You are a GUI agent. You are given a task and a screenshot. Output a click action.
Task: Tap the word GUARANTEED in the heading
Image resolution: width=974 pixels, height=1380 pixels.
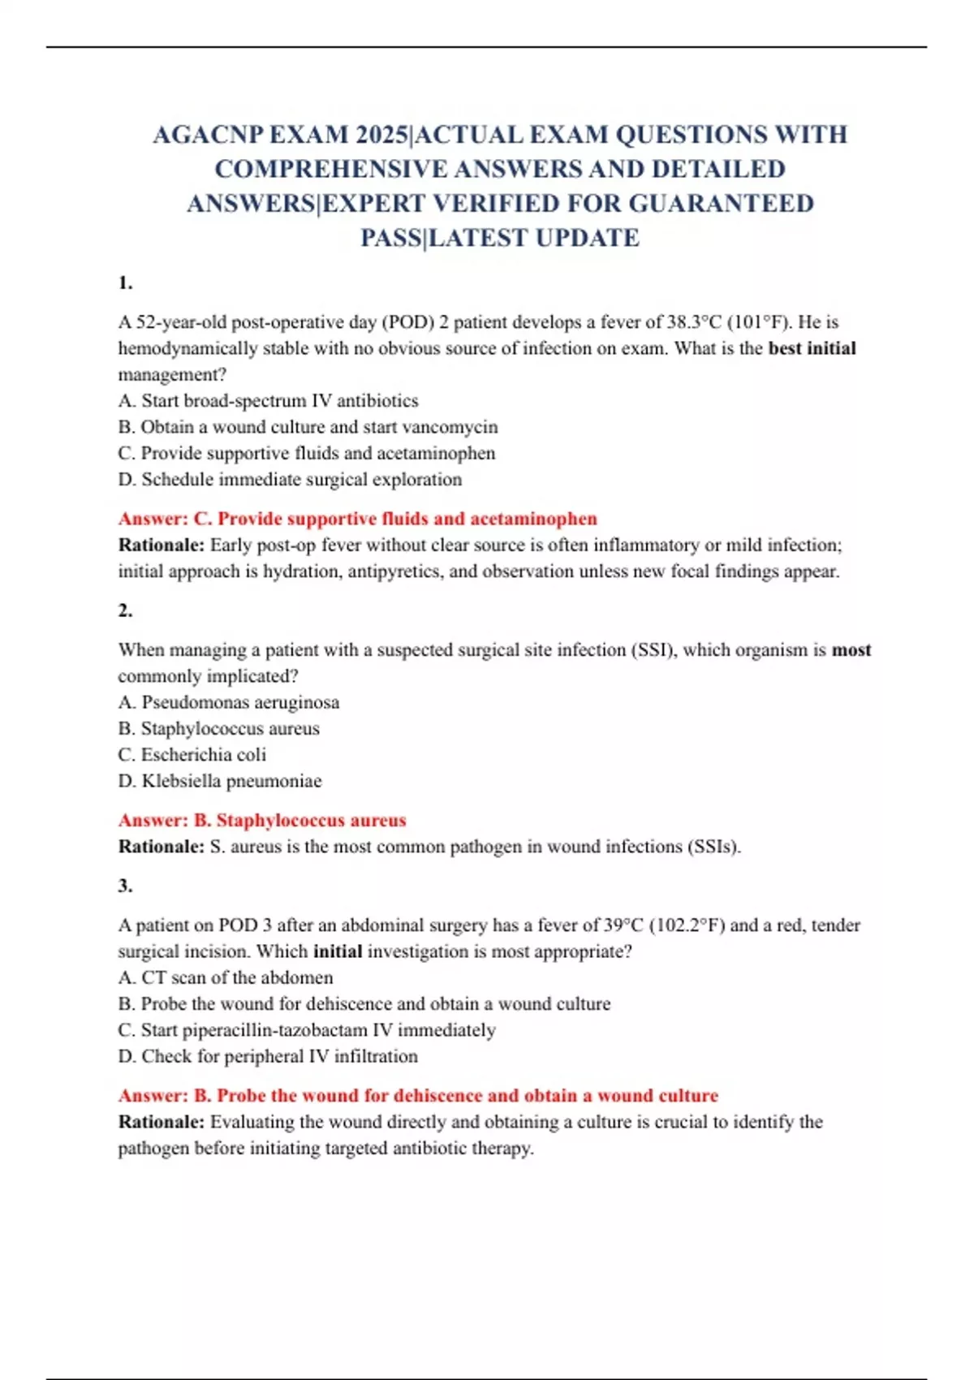[722, 203]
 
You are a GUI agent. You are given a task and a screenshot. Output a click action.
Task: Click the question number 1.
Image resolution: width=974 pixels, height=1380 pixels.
[125, 283]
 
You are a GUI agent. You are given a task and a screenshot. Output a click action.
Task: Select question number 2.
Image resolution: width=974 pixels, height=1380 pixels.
[125, 610]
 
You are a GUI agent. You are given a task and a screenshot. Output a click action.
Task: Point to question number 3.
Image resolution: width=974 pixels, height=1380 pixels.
[125, 886]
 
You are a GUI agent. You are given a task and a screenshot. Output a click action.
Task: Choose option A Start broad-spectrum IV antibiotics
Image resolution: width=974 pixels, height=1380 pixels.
[268, 401]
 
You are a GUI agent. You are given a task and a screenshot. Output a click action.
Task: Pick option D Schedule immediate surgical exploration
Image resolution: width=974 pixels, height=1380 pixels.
[290, 480]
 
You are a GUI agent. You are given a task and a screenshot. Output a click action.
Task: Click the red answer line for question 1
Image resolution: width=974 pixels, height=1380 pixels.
[357, 519]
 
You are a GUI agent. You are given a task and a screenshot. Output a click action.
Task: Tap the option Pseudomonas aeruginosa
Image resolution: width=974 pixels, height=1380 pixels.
[229, 702]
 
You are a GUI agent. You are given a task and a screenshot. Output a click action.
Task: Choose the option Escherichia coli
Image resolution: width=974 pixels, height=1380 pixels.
[192, 755]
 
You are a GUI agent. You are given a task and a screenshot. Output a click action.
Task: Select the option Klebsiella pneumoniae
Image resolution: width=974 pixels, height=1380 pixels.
[220, 781]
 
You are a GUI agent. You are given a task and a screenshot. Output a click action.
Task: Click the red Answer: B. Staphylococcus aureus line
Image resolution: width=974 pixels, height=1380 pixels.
[262, 821]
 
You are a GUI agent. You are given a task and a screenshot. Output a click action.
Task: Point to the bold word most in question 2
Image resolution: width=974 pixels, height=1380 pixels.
[851, 650]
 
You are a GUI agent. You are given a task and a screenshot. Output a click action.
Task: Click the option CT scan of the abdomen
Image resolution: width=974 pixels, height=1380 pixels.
[226, 977]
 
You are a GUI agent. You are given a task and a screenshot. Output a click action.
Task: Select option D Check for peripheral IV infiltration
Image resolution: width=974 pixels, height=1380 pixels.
[268, 1056]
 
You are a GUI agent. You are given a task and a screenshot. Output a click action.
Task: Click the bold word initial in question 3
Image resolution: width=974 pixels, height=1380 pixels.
[338, 951]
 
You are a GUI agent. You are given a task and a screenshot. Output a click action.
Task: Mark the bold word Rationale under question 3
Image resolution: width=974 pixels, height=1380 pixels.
[162, 1122]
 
